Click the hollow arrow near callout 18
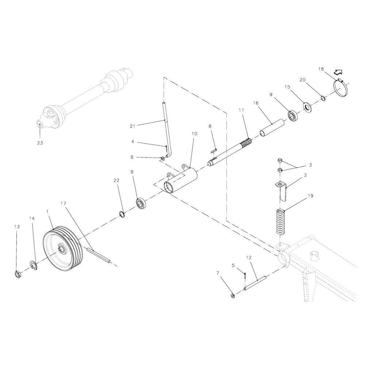click(x=338, y=72)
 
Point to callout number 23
click(x=40, y=143)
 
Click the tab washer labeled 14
click(x=34, y=266)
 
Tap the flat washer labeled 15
click(x=307, y=107)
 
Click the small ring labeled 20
click(x=323, y=98)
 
